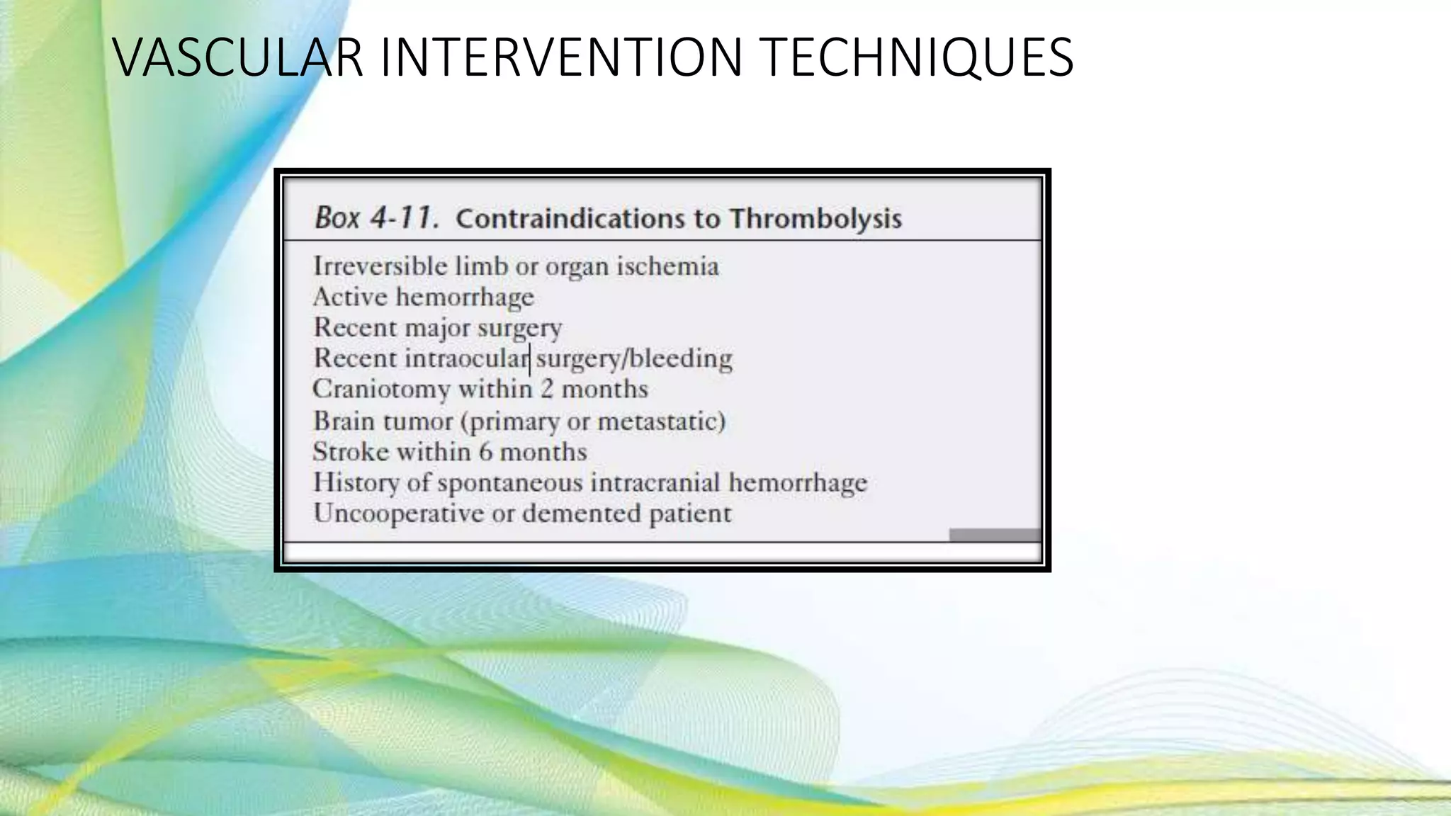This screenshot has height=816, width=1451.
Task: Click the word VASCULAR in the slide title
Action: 238,58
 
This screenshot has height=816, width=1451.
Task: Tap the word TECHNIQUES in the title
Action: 918,58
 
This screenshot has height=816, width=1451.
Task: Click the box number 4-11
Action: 405,217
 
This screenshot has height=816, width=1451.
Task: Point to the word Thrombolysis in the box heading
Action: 815,218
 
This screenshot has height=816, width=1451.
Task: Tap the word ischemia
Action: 667,266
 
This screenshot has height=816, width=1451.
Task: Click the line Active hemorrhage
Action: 423,297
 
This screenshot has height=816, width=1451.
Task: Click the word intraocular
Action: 466,358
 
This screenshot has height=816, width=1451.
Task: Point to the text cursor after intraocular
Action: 530,359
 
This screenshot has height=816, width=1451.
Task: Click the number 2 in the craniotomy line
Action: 546,389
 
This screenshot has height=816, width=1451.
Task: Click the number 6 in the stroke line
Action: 485,452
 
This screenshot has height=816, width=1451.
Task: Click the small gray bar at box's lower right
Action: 995,535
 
